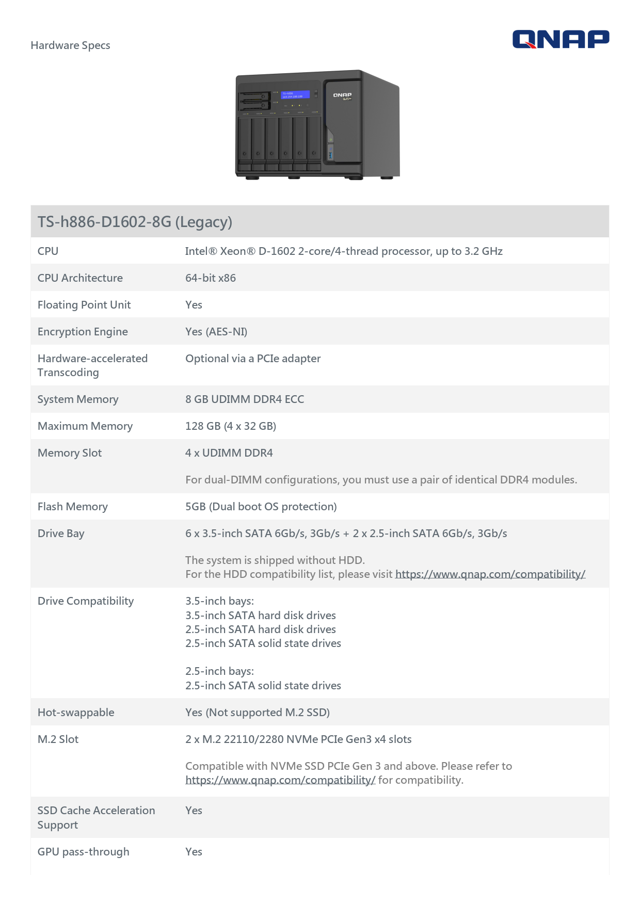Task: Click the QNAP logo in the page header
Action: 561,39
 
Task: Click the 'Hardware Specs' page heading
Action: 70,45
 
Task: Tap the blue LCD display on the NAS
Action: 295,95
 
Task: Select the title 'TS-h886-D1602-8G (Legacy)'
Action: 135,222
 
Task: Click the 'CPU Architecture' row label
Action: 80,278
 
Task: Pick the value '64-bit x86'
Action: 211,278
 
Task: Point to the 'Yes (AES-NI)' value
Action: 216,332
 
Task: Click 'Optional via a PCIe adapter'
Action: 253,359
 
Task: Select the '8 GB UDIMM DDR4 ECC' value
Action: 245,399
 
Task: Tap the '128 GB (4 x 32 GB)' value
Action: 231,426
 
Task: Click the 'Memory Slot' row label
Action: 70,453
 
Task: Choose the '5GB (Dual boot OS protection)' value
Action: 261,507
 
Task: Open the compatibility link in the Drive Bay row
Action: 490,574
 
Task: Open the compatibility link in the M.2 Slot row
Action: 280,780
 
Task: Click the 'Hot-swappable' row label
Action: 76,713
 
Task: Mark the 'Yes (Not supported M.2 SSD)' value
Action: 258,713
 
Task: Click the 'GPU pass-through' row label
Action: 84,852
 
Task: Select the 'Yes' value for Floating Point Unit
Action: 194,305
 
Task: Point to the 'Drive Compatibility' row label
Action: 86,601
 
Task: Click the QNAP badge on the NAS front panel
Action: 342,95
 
